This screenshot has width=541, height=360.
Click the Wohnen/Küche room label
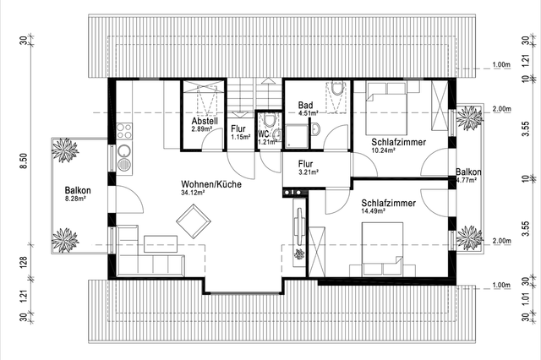211,184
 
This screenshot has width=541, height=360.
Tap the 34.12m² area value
193,193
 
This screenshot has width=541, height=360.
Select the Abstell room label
205,121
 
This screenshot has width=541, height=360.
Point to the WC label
263,134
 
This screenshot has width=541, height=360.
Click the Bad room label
306,105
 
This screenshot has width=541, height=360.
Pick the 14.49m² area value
374,211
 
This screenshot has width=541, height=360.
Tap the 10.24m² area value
383,150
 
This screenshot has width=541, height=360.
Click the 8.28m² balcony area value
75,199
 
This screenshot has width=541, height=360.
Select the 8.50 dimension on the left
24,161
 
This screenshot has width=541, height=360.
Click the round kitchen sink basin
124,150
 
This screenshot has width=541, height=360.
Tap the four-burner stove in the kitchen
124,131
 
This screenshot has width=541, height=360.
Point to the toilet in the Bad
336,88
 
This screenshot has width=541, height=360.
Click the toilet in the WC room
269,119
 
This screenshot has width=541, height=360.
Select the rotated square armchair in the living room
194,221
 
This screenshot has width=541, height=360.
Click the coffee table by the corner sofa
161,244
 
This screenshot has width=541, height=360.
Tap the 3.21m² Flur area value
309,172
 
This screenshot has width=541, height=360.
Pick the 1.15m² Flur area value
240,137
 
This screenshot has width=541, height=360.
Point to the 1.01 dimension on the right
526,299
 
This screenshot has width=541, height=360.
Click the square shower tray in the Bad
297,137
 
